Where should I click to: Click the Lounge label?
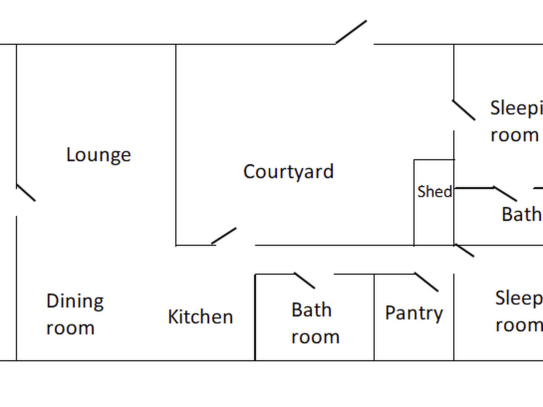[98, 155]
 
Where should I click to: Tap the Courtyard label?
[288, 172]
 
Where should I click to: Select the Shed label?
[434, 192]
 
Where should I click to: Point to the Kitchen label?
[200, 317]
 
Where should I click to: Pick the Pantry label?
[414, 313]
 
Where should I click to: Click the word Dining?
[75, 302]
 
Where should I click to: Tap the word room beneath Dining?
[70, 328]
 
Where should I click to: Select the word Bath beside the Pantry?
[311, 310]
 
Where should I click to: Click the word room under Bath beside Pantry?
[315, 337]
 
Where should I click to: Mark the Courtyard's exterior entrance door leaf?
[351, 32]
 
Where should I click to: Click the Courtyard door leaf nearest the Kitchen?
[224, 236]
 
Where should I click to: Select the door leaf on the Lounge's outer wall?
[26, 193]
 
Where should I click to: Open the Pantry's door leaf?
[426, 282]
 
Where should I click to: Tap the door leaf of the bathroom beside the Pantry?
[305, 280]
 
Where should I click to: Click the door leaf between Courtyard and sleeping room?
[463, 110]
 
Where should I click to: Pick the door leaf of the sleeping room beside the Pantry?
[464, 250]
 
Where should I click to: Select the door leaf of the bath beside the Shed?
[505, 194]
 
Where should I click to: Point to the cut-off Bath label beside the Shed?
[521, 214]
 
